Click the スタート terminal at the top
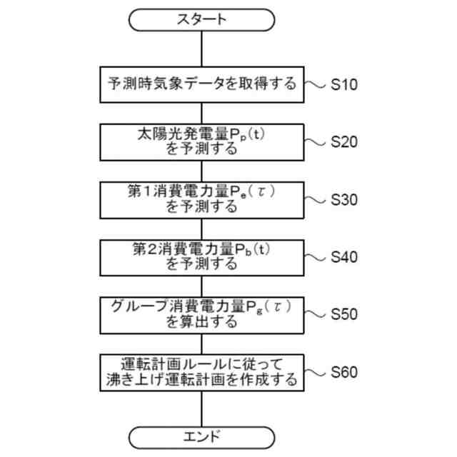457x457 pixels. click(201, 20)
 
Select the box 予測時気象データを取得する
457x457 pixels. click(201, 84)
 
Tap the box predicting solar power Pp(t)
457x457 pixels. click(201, 141)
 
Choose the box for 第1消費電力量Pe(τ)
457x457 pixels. click(201, 199)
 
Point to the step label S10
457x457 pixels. click(344, 85)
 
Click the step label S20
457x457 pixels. click(344, 142)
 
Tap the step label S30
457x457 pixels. click(344, 200)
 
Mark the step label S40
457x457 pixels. click(344, 257)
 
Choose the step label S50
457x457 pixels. click(344, 314)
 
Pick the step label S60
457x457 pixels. click(344, 372)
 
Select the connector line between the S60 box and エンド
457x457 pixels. click(201, 407)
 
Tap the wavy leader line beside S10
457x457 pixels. click(315, 85)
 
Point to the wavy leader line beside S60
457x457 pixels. click(315, 372)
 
